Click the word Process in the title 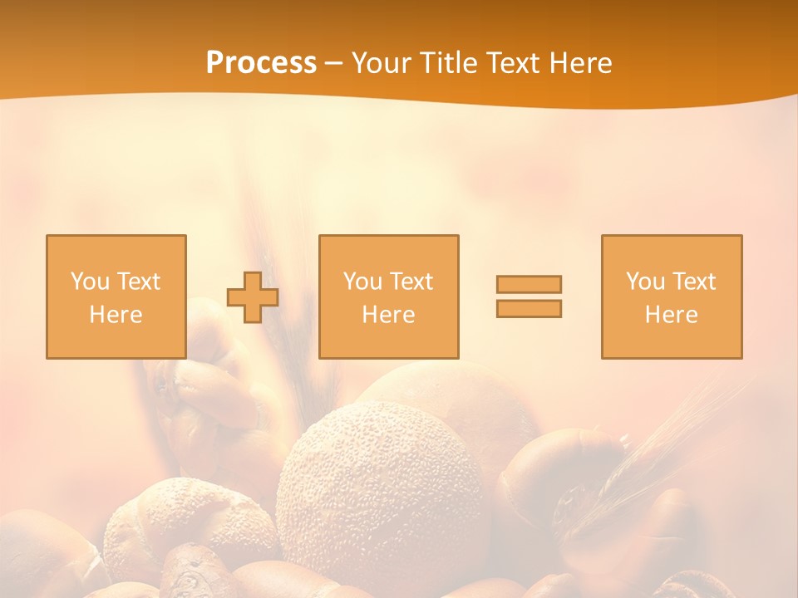pos(261,63)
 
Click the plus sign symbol pos(253,297)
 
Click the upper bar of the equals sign pos(529,284)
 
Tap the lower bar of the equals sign pos(529,308)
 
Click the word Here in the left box pos(116,315)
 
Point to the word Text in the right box pos(695,282)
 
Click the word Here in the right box pos(671,315)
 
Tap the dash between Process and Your pos(334,63)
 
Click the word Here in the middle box pos(388,315)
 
